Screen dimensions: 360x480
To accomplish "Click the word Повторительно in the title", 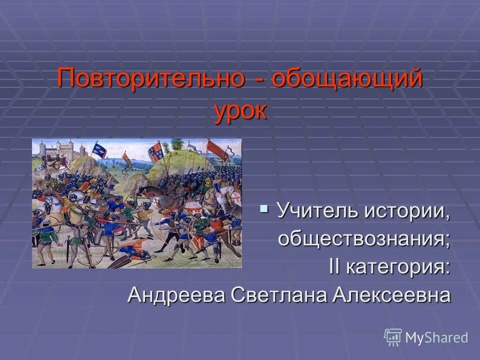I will (150, 79).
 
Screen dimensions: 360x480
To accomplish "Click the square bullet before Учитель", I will (264, 207).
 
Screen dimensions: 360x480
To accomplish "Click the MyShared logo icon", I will (393, 337).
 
